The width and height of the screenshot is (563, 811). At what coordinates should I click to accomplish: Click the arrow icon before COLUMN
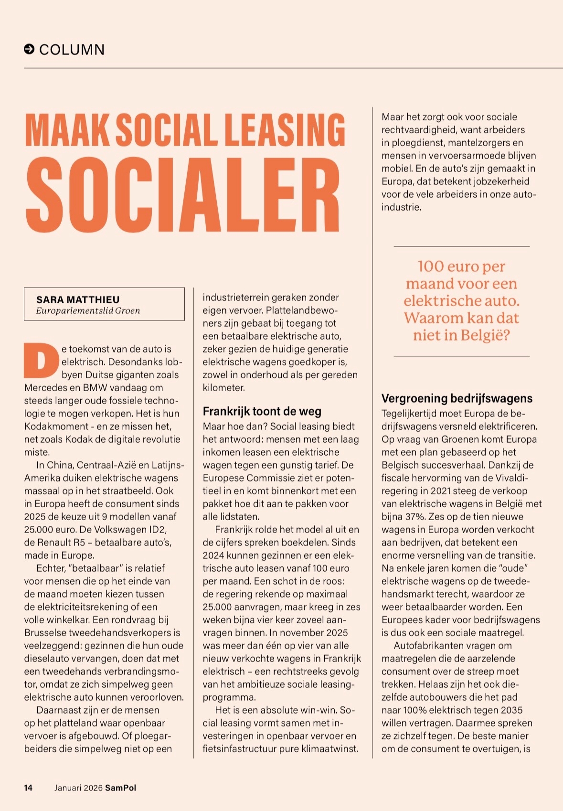[29, 49]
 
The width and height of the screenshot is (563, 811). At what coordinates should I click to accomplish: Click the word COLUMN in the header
[72, 50]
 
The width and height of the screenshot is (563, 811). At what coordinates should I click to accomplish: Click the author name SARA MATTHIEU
[78, 299]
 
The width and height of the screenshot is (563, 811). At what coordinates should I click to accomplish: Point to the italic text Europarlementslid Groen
[88, 311]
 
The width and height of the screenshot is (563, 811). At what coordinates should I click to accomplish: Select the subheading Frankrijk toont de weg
[262, 411]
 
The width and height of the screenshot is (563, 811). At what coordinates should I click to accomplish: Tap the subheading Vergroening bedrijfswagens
[457, 398]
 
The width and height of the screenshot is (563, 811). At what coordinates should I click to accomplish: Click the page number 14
[28, 788]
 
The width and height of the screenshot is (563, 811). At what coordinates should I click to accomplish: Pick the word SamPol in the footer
[121, 788]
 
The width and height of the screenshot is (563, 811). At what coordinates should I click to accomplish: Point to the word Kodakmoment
[56, 426]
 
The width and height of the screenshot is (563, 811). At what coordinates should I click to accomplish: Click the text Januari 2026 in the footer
[78, 788]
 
